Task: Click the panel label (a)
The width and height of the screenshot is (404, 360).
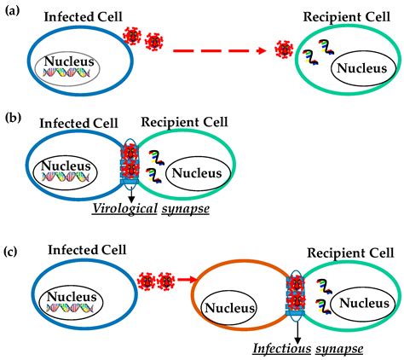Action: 12,11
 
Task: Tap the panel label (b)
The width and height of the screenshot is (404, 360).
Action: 14,118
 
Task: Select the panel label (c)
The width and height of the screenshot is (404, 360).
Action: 11,252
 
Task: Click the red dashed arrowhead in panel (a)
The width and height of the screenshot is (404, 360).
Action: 261,51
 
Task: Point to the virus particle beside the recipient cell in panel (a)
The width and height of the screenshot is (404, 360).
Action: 284,49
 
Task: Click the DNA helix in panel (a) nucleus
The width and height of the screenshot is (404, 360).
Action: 66,73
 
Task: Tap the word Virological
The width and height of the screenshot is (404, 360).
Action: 124,209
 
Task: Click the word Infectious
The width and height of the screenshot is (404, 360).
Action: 282,348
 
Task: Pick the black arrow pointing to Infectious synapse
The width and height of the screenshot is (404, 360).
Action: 297,334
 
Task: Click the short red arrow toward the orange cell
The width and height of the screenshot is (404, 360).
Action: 187,280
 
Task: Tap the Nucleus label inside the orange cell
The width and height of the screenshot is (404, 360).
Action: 229,308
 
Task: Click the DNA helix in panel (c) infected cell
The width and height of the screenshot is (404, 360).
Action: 70,307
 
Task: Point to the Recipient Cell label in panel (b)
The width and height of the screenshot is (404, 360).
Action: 184,122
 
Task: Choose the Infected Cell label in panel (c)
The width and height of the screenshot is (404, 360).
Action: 87,250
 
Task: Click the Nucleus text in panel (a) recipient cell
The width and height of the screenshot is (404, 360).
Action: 362,68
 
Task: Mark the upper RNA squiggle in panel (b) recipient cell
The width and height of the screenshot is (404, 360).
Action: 156,158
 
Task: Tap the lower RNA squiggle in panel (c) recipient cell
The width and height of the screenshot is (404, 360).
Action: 324,306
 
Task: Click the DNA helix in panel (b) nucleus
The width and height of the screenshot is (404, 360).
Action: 66,177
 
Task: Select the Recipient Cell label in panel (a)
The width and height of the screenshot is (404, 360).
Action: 347,17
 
